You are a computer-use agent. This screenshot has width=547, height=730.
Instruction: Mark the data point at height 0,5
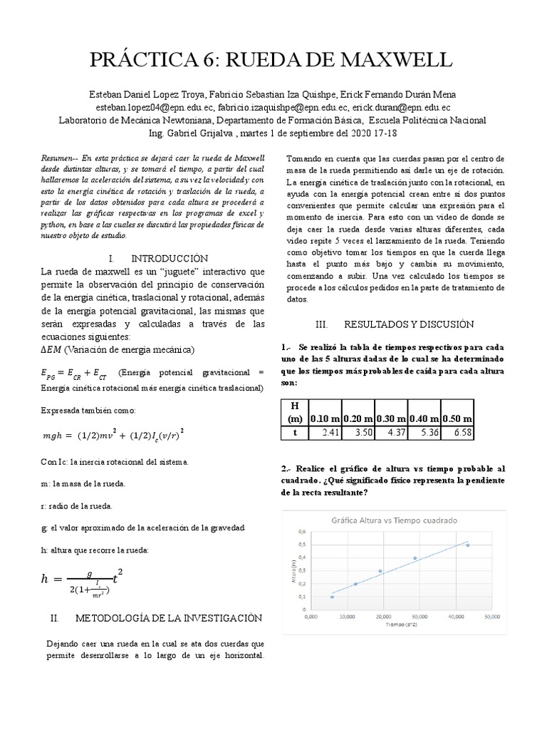pos(467,545)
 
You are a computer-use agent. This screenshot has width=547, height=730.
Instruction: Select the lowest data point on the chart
pos(332,597)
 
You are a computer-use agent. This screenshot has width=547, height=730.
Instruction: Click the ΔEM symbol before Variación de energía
pos(51,349)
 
